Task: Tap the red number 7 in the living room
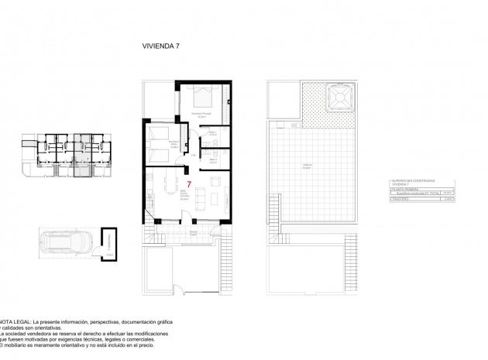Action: coord(189,183)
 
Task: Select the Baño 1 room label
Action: coord(213,133)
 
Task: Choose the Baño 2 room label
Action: coord(213,162)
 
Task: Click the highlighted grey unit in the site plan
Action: coord(79,152)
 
